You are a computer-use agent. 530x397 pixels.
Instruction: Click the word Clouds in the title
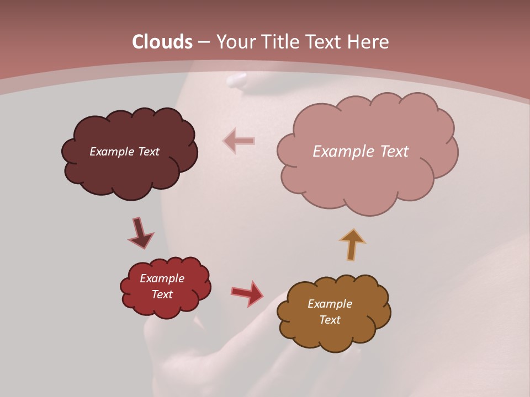pos(162,42)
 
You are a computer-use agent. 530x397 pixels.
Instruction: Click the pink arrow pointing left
pos(239,141)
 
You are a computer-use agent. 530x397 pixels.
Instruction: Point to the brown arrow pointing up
pos(352,244)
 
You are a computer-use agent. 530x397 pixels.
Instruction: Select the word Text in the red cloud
pos(162,294)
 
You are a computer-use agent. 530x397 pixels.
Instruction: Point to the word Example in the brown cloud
pos(330,304)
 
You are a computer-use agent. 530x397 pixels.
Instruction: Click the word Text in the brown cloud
pos(330,320)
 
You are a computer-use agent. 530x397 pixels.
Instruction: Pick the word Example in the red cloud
pos(162,278)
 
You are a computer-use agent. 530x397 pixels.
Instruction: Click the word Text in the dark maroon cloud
pos(149,151)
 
